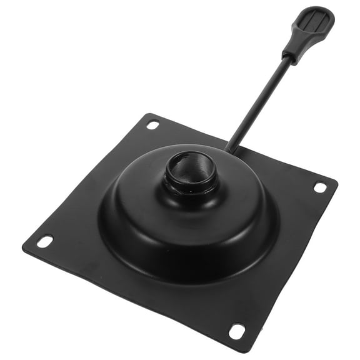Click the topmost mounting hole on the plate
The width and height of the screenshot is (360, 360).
tap(152, 124)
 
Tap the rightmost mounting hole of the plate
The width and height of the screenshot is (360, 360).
tap(319, 187)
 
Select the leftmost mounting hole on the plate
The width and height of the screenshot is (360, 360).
tap(45, 241)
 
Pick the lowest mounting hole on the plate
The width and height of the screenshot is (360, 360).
tap(237, 331)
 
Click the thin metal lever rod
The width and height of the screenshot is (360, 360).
tap(259, 100)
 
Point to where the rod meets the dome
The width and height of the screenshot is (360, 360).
tap(229, 149)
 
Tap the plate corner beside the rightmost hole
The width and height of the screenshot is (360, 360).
tap(334, 183)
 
